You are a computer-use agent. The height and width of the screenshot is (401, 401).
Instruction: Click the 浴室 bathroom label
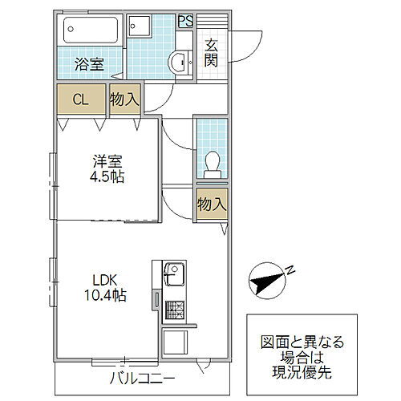[x=89, y=65]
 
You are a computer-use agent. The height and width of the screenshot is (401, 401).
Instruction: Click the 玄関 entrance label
[x=213, y=53]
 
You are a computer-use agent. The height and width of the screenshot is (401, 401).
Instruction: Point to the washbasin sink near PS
[x=179, y=60]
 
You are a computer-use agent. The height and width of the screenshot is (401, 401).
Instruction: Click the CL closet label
[x=80, y=99]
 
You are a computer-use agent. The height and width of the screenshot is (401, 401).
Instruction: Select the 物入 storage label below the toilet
[x=212, y=205]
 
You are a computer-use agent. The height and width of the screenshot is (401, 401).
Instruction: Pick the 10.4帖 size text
[x=105, y=295]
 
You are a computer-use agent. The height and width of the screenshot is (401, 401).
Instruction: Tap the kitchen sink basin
[x=172, y=277]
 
